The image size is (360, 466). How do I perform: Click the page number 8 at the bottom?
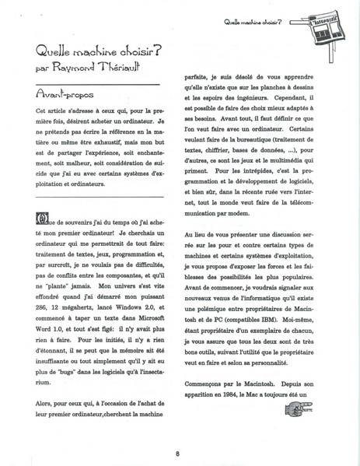click(178, 454)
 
